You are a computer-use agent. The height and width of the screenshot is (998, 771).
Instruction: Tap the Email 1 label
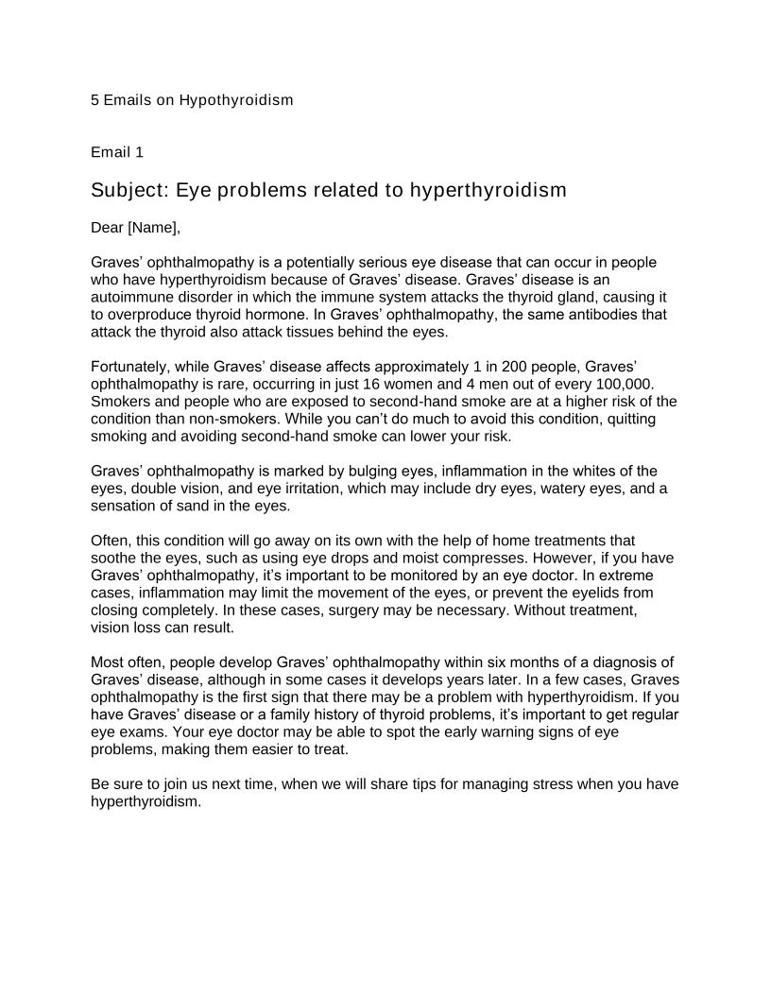point(117,152)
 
